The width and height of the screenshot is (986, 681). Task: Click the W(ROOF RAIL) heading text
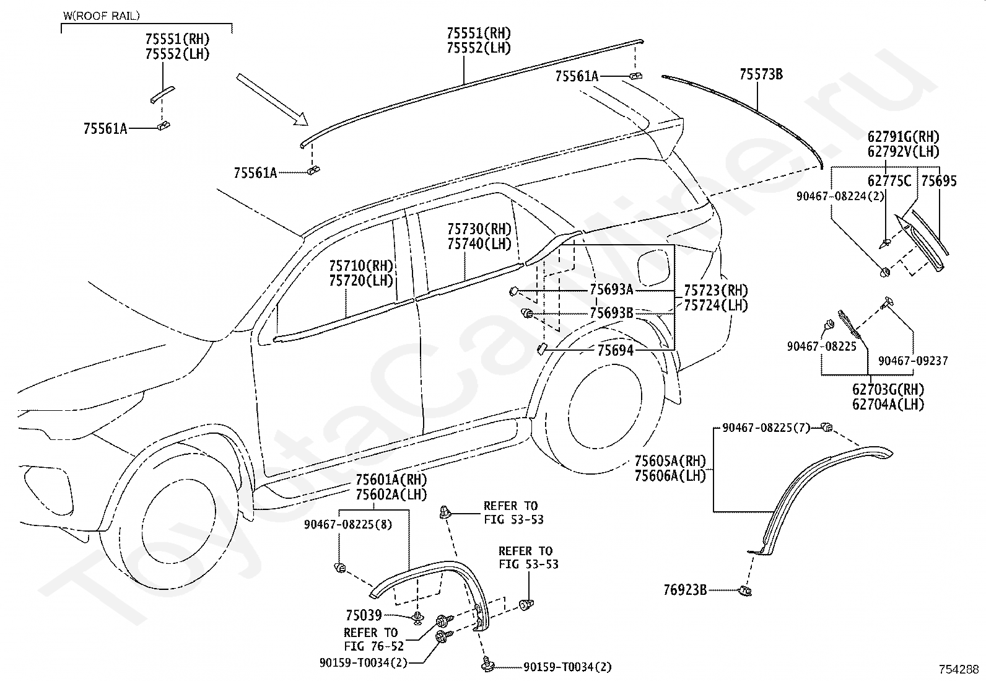point(101,16)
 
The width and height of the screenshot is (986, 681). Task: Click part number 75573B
point(761,74)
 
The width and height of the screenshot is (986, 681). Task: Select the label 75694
point(616,351)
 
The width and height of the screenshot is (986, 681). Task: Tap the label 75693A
point(611,289)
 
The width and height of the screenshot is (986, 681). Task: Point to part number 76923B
point(685,590)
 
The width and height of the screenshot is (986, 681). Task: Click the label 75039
point(364,615)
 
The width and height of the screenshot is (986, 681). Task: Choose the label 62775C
point(889,180)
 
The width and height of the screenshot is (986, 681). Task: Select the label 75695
point(939,180)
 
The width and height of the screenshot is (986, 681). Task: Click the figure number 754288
point(958,670)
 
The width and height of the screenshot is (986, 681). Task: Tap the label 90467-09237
point(913,361)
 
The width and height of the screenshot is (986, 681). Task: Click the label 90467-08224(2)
point(840,196)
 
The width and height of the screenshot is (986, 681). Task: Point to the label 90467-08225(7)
point(766,428)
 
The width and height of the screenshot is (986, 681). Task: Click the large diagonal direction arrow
point(272,100)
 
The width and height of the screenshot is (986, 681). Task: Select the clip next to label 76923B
point(745,591)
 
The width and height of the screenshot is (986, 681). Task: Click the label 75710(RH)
point(361,266)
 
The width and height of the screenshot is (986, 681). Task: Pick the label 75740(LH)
point(479,244)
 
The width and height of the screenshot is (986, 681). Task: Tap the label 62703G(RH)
point(888,389)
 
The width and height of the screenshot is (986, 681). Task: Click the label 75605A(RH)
point(670,461)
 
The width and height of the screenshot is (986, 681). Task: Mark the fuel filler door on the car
point(655,268)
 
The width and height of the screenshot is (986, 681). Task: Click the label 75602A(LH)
point(391,494)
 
